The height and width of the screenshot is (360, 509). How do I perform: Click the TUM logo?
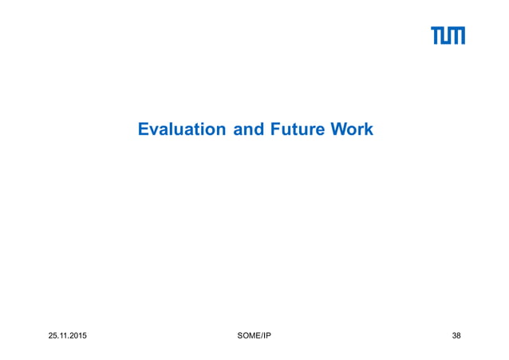[x=448, y=36]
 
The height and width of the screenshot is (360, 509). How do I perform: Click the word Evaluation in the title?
[x=182, y=129]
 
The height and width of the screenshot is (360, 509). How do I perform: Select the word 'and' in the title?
[x=247, y=129]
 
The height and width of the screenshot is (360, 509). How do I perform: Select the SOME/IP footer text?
[x=254, y=335]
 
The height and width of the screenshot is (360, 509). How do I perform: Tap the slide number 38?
[x=456, y=335]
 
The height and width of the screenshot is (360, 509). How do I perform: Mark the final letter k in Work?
[x=368, y=129]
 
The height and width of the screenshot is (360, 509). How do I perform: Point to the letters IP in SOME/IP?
[x=266, y=335]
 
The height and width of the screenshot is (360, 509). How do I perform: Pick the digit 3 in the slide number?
[x=453, y=335]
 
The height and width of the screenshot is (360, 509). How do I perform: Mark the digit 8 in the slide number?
[x=459, y=335]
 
